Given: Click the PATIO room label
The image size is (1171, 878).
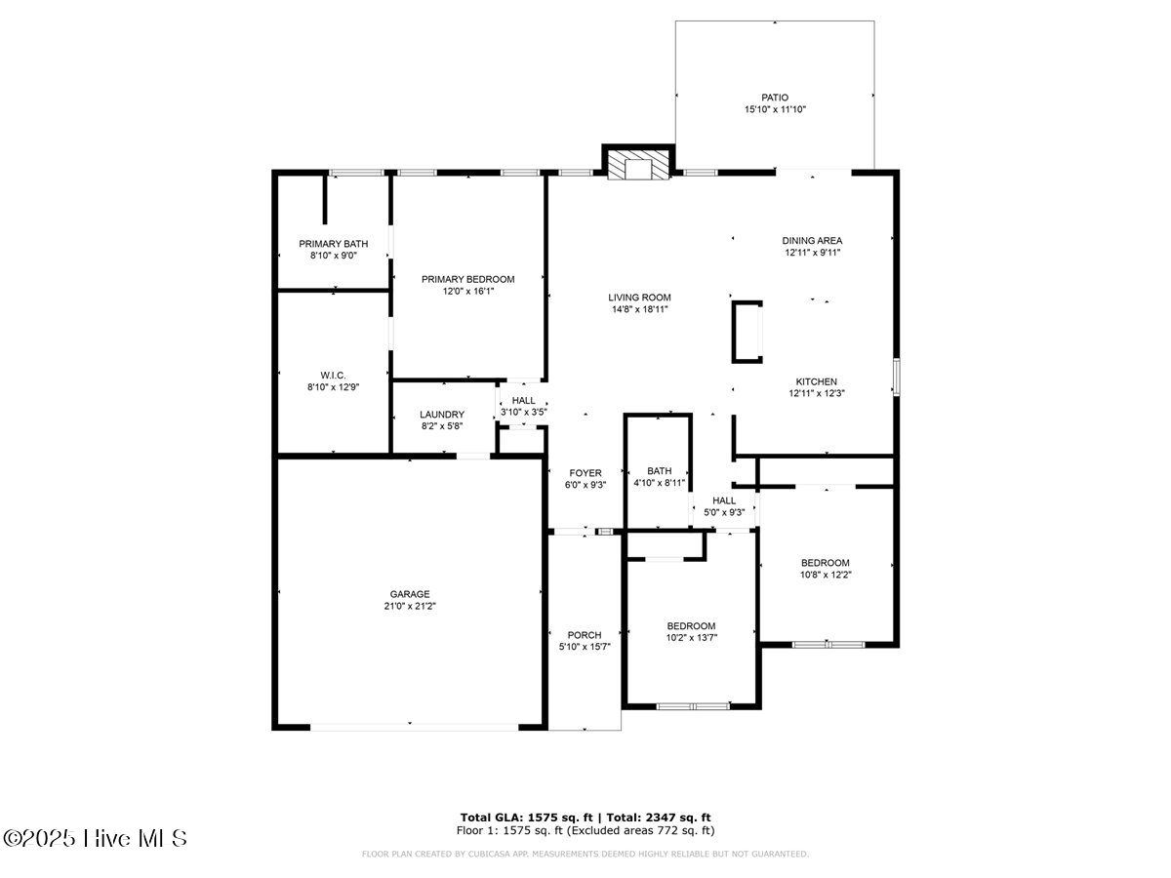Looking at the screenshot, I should click(x=774, y=98).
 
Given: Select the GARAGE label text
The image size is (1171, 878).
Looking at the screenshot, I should click(x=410, y=594).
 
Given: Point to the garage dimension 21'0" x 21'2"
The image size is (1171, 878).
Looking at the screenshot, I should click(x=410, y=607).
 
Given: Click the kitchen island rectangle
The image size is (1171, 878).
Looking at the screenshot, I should click(x=747, y=333).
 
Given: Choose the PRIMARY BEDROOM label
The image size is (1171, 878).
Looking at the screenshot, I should click(x=467, y=279).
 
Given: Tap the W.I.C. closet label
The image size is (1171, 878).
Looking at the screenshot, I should click(x=333, y=376).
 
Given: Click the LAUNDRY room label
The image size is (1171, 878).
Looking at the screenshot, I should click(x=442, y=415).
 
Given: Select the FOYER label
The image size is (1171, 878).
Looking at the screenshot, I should click(x=585, y=473).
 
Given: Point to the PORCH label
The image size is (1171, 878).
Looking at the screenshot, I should click(x=585, y=635).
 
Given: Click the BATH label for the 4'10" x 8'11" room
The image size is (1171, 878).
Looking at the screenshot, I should click(x=659, y=470).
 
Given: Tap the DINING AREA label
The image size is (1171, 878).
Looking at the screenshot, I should click(x=812, y=241).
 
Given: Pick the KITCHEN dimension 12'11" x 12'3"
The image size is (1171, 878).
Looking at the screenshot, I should click(x=816, y=394).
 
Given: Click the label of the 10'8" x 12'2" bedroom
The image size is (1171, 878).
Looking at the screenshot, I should click(x=826, y=563).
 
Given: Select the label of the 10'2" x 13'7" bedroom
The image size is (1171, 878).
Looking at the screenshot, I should click(x=691, y=626).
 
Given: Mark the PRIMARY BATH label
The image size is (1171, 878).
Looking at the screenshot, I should click(x=334, y=244).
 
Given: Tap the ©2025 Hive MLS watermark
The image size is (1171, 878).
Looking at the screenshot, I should click(x=95, y=838).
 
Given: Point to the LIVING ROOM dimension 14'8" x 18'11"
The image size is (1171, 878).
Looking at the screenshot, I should click(x=640, y=310).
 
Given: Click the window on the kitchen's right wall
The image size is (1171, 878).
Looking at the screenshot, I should click(x=896, y=377).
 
